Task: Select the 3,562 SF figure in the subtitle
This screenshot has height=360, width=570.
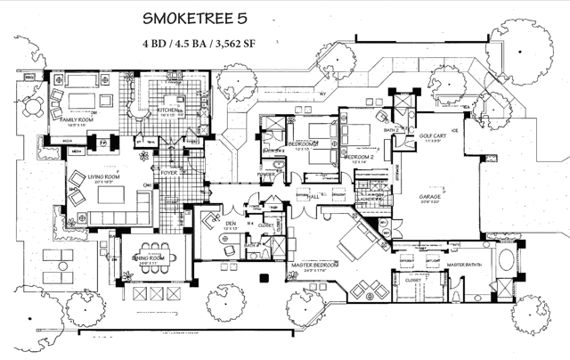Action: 244,42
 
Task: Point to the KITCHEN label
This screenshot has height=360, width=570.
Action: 170,110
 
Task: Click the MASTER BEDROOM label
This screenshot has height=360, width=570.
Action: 315,266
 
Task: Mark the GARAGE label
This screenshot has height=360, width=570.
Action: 433,197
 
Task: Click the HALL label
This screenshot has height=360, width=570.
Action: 314,196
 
